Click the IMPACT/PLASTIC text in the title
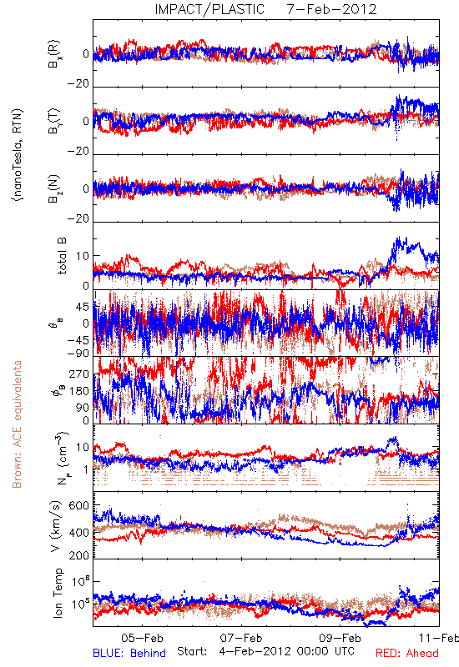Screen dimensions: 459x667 (209, 9)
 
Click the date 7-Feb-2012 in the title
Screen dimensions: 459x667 (331, 9)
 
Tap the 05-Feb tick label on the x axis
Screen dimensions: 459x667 (142, 638)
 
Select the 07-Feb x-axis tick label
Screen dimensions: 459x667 (241, 638)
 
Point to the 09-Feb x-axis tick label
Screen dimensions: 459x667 (340, 638)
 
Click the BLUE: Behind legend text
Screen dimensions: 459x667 (129, 654)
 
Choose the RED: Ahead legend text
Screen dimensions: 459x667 (406, 654)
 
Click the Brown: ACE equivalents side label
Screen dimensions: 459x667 (17, 424)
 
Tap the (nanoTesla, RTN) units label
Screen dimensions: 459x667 (18, 155)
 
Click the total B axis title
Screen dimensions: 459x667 (62, 256)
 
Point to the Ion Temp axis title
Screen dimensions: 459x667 (58, 593)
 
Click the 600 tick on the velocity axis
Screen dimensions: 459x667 (79, 506)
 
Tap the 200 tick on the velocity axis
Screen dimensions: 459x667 (79, 555)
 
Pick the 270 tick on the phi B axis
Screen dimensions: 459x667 (79, 374)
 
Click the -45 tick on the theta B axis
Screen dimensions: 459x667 (78, 340)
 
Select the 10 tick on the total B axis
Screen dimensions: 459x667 (83, 256)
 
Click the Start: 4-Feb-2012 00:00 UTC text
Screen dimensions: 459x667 (265, 651)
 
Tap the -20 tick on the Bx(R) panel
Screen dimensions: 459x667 (78, 84)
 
